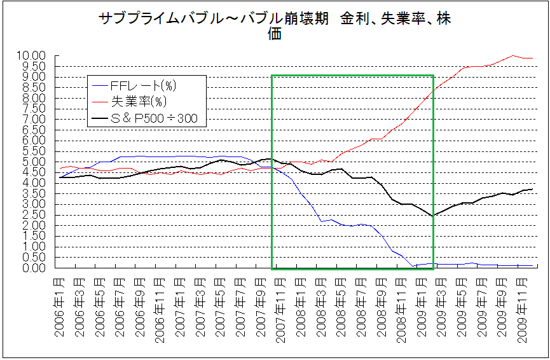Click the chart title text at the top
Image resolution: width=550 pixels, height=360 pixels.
click(275, 26)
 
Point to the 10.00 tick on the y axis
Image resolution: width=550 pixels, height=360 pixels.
click(32, 56)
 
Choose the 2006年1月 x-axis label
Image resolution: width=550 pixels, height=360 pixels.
click(60, 308)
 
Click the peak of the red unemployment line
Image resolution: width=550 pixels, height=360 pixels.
click(514, 55)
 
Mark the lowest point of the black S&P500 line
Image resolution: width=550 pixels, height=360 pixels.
click(432, 216)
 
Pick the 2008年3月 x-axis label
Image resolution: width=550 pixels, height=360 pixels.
click(321, 308)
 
